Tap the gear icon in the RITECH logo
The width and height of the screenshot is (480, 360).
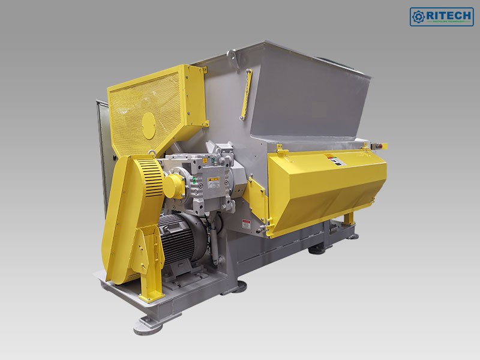click(x=418, y=16)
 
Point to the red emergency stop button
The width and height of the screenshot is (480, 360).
click(x=379, y=145)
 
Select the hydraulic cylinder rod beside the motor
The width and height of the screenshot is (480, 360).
click(x=213, y=240)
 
